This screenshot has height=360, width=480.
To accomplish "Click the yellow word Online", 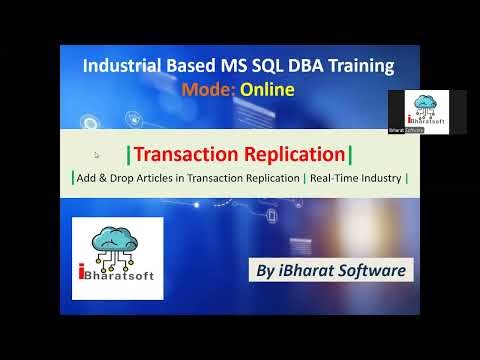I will pos(267,91).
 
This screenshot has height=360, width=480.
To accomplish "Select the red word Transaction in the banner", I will pos(184,154).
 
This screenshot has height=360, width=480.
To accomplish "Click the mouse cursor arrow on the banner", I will pos(97,155).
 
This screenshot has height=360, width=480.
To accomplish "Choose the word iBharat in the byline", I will pos(300,270).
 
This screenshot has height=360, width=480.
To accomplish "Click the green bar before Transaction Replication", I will pos(128,154).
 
